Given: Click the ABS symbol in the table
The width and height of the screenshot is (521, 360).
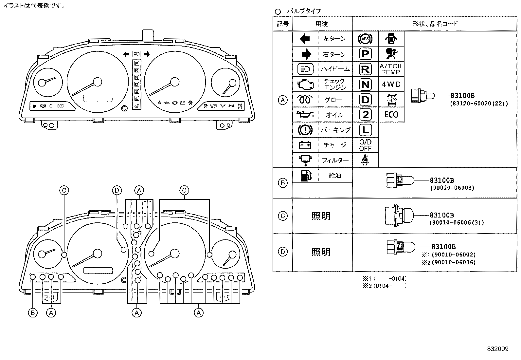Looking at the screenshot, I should point(365,39).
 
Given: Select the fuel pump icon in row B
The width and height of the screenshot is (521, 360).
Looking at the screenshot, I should point(305,175).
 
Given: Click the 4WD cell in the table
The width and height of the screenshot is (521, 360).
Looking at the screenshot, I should point(391,85).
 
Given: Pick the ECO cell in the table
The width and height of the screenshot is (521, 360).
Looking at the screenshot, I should point(391,115).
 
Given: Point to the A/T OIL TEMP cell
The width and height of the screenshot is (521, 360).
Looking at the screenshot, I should point(391,69).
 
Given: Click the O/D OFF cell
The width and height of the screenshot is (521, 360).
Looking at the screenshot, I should point(365,145).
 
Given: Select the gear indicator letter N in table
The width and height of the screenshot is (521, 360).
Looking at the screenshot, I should point(365,85).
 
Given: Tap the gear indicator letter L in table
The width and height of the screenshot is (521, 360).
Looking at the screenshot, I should point(365,130).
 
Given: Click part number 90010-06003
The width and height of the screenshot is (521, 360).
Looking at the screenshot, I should point(452,188).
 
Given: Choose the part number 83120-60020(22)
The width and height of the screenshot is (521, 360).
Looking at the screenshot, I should point(479,104).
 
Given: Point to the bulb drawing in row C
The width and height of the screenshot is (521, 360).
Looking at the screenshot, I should point(399,215).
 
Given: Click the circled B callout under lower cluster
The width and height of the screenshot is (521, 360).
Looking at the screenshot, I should point(32,313).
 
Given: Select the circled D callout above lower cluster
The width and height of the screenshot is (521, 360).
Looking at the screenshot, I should point(117,190).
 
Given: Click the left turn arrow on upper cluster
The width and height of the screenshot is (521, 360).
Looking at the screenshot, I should point(126,54).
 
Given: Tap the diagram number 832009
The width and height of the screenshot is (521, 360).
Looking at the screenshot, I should point(497,349).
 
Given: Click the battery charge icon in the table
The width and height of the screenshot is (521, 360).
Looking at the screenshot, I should point(305,145).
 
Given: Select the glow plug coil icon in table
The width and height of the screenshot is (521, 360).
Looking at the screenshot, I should point(305,100).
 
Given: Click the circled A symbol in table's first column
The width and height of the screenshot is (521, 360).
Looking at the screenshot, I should point(282,100).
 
